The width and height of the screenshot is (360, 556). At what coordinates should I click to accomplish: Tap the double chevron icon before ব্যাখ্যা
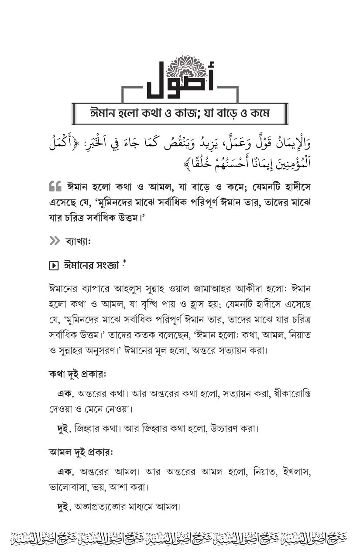55,241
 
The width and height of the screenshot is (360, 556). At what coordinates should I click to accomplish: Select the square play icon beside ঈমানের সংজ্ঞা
54,265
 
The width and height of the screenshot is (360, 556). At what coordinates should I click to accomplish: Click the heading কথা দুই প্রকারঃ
77,374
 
